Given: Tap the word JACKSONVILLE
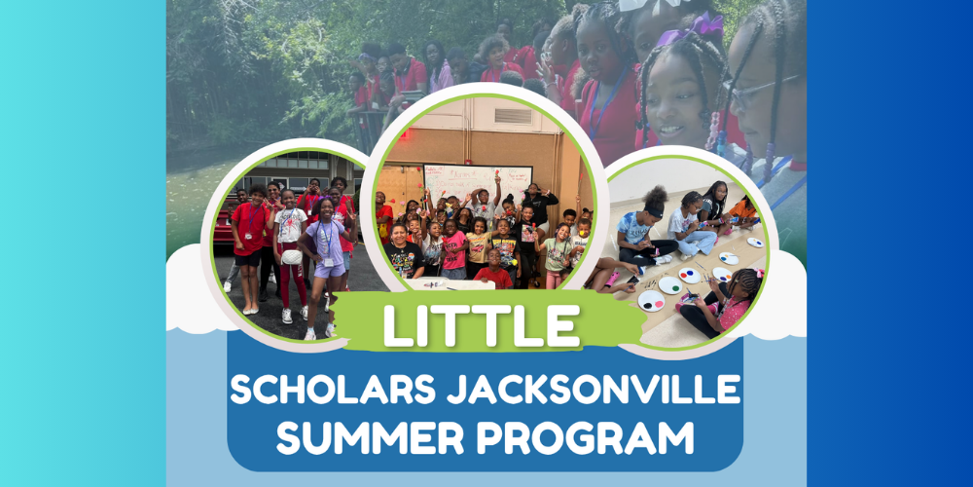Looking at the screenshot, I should (x=584, y=392).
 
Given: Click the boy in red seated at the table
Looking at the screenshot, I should (x=494, y=273).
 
